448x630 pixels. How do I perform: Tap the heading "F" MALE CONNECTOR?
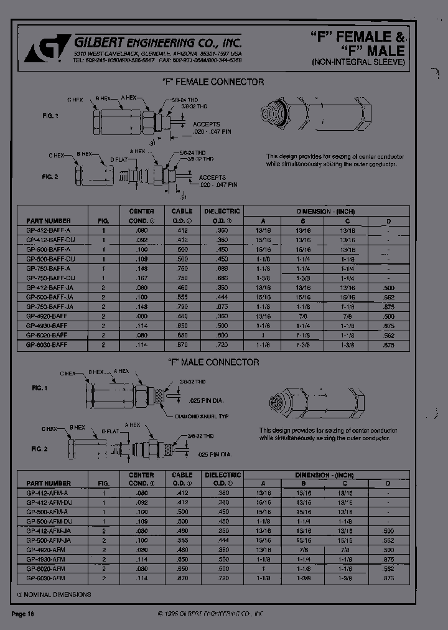(213, 362)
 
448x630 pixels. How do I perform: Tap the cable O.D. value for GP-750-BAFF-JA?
(182, 306)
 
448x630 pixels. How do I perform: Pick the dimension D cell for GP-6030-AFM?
(389, 578)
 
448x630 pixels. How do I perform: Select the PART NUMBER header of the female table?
(49, 221)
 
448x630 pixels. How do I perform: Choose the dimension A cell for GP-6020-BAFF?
(263, 335)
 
